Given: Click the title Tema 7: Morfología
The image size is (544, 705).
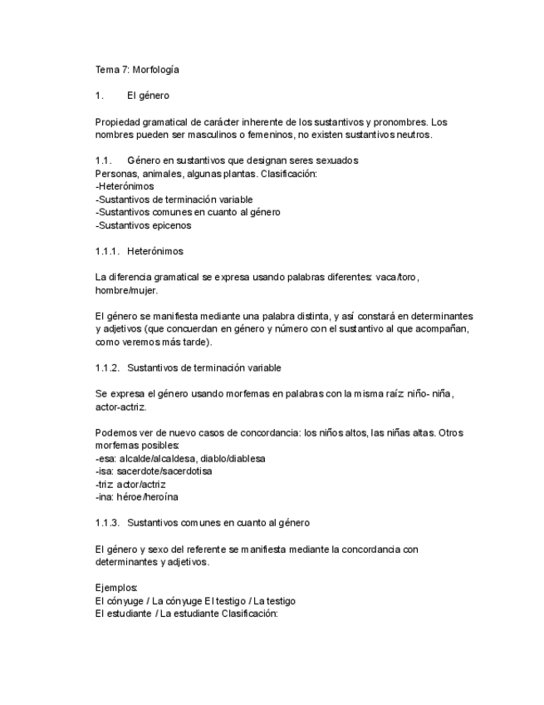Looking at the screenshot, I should point(137,69).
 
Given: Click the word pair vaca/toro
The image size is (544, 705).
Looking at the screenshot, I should point(403,277).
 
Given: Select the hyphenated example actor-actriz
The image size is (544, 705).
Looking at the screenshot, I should point(122,407).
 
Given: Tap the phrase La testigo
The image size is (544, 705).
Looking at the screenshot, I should point(275,600).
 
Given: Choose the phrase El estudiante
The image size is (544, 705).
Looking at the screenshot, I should point(124,614).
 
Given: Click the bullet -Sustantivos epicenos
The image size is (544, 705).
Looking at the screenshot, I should point(144,225).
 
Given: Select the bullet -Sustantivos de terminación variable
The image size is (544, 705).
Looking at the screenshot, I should point(174,200).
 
